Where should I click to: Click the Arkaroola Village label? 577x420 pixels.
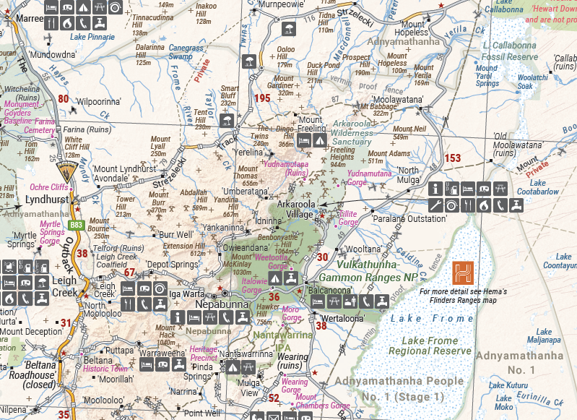tap(301, 209)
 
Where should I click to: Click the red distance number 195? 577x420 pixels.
tap(263, 98)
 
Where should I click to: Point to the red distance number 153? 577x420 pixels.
tap(453, 158)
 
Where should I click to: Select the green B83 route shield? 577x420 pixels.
tap(76, 226)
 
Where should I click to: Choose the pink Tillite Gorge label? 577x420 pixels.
tap(348, 218)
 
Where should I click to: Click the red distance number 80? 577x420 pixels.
tap(64, 99)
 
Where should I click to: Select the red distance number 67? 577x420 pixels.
tap(130, 273)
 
